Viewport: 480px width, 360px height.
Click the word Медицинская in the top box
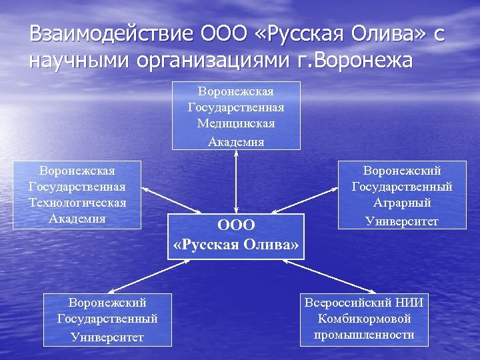pyautogui.click(x=236, y=124)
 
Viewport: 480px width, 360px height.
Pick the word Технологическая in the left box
pyautogui.click(x=77, y=203)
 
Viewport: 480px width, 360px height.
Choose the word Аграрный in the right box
pyautogui.click(x=402, y=203)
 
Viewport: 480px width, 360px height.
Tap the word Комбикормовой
pyautogui.click(x=364, y=319)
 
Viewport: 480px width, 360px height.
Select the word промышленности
pyautogui.click(x=364, y=335)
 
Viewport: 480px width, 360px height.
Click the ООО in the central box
pyautogui.click(x=236, y=226)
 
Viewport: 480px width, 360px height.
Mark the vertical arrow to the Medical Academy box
pyautogui.click(x=236, y=180)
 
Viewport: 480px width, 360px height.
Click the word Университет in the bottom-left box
pyautogui.click(x=107, y=337)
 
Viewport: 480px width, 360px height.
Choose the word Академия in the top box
pyautogui.click(x=236, y=141)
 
